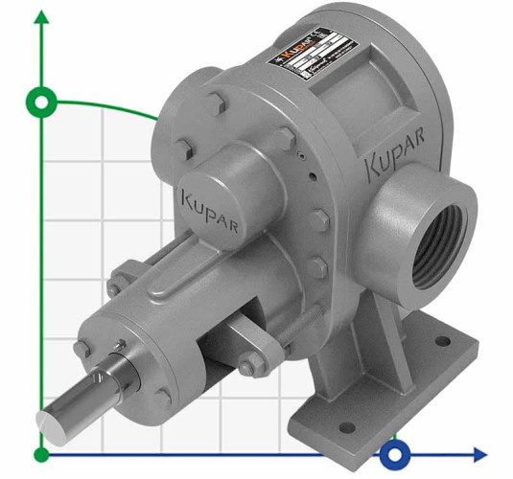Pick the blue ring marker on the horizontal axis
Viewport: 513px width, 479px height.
click(394, 453)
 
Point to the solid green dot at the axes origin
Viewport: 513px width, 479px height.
click(40, 453)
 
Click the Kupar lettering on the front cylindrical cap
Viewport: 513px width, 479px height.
click(209, 204)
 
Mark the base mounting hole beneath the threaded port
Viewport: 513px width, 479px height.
click(442, 337)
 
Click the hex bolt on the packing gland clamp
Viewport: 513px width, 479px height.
click(246, 364)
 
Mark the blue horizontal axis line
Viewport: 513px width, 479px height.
click(240, 454)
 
